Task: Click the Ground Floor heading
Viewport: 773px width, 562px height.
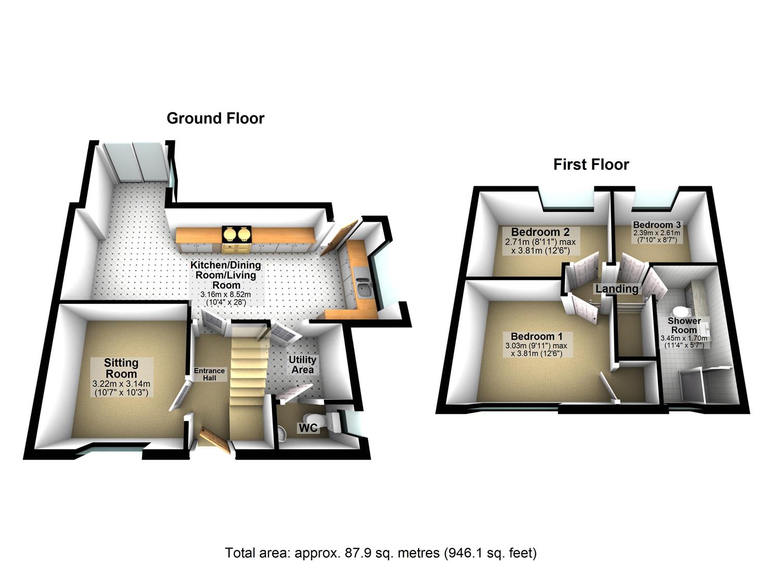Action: pos(215,119)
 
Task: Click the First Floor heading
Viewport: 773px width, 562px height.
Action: pos(591,165)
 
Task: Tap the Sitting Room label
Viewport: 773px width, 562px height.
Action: pos(121,368)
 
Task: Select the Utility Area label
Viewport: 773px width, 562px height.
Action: pos(302,364)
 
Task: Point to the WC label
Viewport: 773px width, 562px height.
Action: pos(308,428)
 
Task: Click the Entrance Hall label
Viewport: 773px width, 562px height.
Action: pos(209,374)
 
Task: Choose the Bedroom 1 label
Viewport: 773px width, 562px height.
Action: pos(536,337)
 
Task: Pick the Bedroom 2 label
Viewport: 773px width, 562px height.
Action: pos(540,232)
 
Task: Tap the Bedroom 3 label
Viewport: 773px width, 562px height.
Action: pos(657,225)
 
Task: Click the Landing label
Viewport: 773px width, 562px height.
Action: pos(617,288)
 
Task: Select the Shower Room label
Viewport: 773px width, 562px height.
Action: pos(684,325)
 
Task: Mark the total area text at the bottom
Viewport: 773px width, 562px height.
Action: pos(381,552)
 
